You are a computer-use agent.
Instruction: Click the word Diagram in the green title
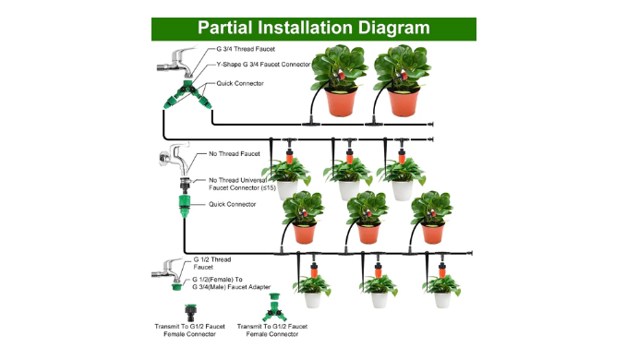coord(393,29)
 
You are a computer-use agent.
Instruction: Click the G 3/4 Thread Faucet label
coord(246,49)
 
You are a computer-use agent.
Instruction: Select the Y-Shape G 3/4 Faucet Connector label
coord(263,65)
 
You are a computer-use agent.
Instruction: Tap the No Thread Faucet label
coord(234,154)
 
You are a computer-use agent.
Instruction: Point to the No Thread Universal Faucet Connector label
coord(242,185)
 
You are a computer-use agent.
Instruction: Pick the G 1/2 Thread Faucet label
coord(212,263)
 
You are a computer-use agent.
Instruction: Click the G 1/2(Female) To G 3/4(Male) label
coord(231,283)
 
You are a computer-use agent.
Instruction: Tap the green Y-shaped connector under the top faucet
coord(187,95)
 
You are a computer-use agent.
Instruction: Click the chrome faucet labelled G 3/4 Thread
coord(176,62)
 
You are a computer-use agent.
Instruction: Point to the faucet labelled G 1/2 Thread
coord(167,270)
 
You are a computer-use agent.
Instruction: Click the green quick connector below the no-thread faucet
coord(185,206)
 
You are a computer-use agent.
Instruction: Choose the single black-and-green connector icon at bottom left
coord(190,313)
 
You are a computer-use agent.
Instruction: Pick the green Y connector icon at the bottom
coord(274,308)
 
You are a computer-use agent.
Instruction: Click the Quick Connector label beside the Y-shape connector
coord(240,83)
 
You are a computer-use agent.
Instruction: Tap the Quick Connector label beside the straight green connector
coord(232,204)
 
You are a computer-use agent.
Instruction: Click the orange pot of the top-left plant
coord(341,102)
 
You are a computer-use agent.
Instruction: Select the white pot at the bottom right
coord(442,300)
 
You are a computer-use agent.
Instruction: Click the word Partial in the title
coord(224,29)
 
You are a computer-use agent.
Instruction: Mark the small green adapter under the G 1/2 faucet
coord(176,285)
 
